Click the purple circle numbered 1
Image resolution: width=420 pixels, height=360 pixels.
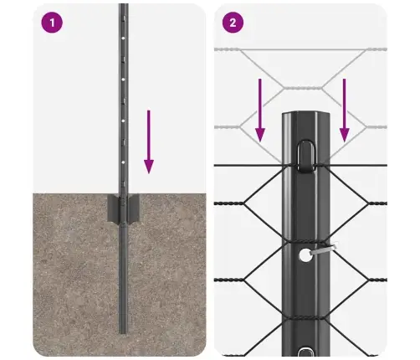(53, 23)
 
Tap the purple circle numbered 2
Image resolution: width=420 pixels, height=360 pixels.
(232, 23)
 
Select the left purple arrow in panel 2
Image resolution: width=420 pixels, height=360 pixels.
(260, 109)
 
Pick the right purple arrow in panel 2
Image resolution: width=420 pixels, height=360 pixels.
(344, 109)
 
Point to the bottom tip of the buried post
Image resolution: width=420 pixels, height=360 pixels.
(123, 332)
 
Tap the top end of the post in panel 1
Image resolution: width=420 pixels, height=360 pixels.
(123, 7)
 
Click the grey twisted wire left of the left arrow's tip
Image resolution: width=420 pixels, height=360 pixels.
(234, 126)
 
